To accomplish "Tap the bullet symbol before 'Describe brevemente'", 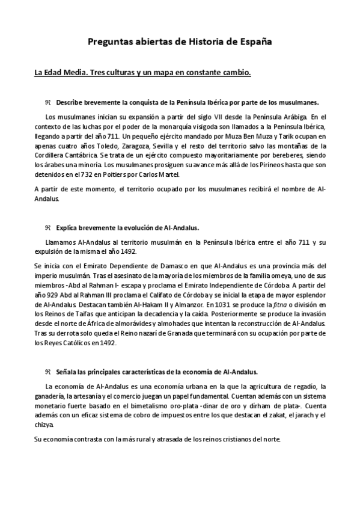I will click(x=48, y=102).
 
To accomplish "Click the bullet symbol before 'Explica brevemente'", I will click(x=48, y=228).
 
